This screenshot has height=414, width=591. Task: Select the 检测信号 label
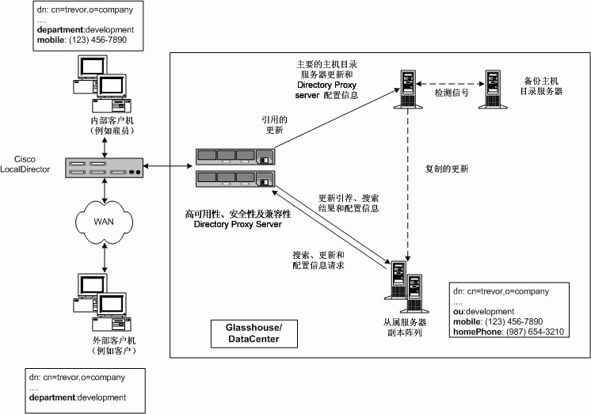[x=452, y=93]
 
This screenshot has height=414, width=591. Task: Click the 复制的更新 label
[x=447, y=169]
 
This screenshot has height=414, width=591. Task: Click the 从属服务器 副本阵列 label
[x=403, y=328]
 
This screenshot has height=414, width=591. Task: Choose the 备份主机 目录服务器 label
[x=542, y=86]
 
